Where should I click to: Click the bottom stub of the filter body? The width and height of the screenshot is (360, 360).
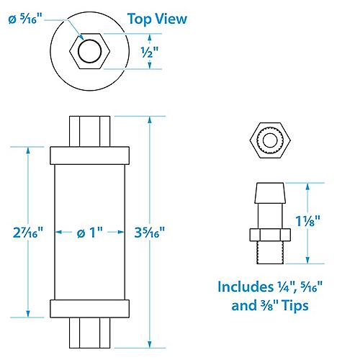(x=90, y=332)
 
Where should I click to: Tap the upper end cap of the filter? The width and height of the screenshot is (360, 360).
(x=90, y=154)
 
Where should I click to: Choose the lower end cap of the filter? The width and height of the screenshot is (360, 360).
(x=90, y=309)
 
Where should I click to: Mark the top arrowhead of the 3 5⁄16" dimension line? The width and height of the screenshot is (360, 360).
(x=149, y=117)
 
